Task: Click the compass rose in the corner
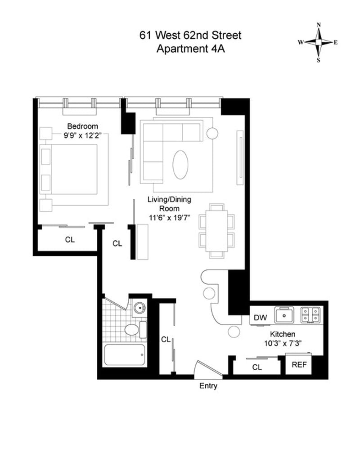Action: [x=318, y=42]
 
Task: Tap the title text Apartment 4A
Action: [x=190, y=49]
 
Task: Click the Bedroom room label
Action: [x=82, y=126]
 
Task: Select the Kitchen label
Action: [x=282, y=334]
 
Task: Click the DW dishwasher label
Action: [x=260, y=318]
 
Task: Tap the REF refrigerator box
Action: [x=299, y=364]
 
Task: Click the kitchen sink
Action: [x=284, y=315]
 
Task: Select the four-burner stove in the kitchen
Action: [x=311, y=314]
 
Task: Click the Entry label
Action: [x=208, y=386]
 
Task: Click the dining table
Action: [x=217, y=229]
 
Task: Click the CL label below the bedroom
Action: [x=70, y=240]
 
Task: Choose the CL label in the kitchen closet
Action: [x=257, y=367]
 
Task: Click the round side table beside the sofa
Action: [x=212, y=133]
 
